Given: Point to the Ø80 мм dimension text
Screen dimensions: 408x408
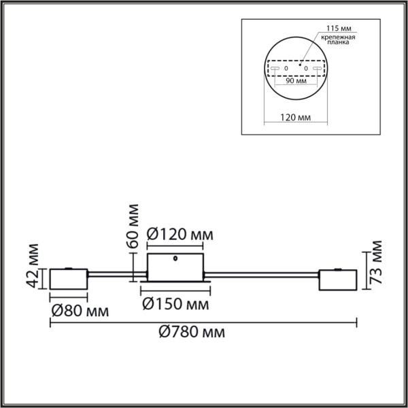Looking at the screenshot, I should click(80, 312).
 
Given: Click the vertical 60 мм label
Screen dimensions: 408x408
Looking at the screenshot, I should click(133, 224).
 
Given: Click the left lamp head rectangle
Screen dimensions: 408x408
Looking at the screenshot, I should click(68, 280).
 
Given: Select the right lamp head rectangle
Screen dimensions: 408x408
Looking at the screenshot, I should click(338, 279).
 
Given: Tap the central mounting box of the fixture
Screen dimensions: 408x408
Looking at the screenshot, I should click(175, 267).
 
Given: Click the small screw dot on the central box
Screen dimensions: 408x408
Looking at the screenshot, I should click(176, 259).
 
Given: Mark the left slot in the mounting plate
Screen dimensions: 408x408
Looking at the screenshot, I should click(275, 69).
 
